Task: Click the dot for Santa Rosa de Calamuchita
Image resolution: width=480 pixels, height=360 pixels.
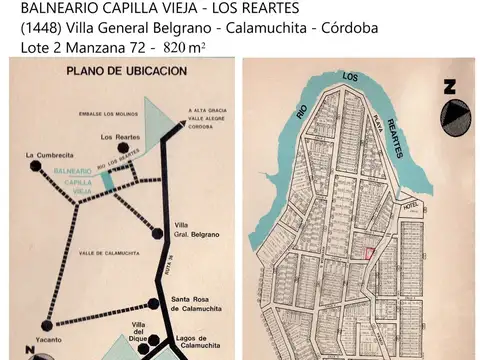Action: pyautogui.click(x=153, y=303)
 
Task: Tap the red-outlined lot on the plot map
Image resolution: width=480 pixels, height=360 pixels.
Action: pyautogui.click(x=369, y=254)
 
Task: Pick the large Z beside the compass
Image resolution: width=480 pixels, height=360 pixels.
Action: pyautogui.click(x=451, y=87)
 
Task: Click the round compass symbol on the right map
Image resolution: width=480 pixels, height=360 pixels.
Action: pyautogui.click(x=454, y=120)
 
